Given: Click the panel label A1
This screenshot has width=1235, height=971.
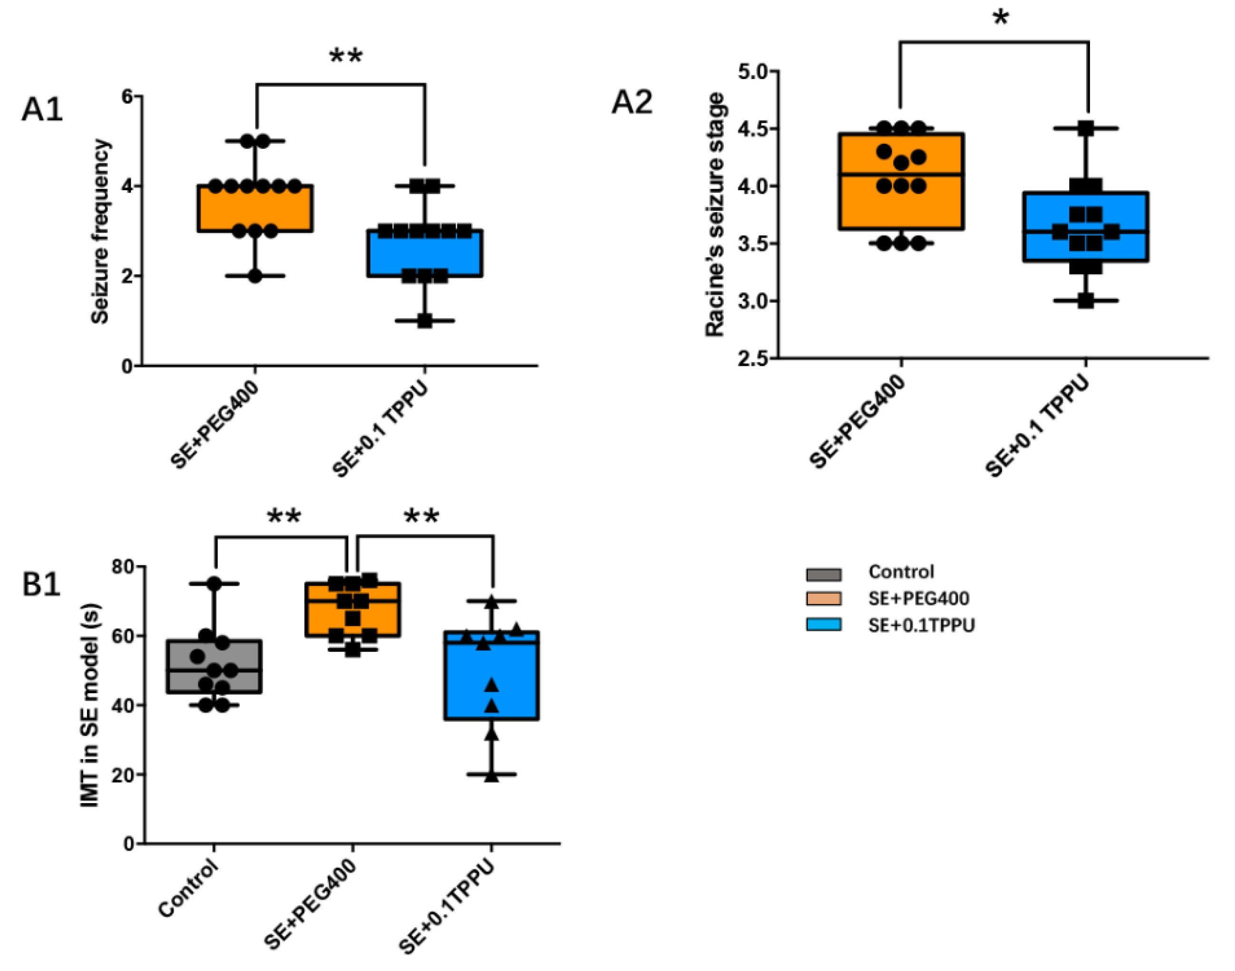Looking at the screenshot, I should point(42,109).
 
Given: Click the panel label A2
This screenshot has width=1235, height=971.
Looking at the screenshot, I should point(632,103).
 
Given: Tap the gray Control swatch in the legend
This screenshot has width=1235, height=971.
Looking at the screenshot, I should point(824,574).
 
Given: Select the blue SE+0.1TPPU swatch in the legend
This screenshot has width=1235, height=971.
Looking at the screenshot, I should point(824,625).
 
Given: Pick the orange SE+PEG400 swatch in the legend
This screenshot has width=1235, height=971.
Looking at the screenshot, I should point(824,599).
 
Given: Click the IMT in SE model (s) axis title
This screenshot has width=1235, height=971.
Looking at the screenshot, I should point(90,705).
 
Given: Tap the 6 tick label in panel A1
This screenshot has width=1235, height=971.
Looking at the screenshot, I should point(126,97).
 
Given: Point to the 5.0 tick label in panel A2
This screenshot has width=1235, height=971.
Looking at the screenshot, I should point(752,72).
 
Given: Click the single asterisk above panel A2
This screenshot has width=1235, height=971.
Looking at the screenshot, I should point(1001,18).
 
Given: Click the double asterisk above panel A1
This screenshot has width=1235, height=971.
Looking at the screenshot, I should point(346,57).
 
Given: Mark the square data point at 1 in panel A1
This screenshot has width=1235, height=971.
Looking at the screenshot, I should point(425,321).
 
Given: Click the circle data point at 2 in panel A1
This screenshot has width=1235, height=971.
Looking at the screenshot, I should point(255,276).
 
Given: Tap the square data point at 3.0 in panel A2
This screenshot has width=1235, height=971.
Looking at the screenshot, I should point(1086,301).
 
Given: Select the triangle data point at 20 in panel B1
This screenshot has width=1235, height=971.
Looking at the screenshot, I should point(492,775).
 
